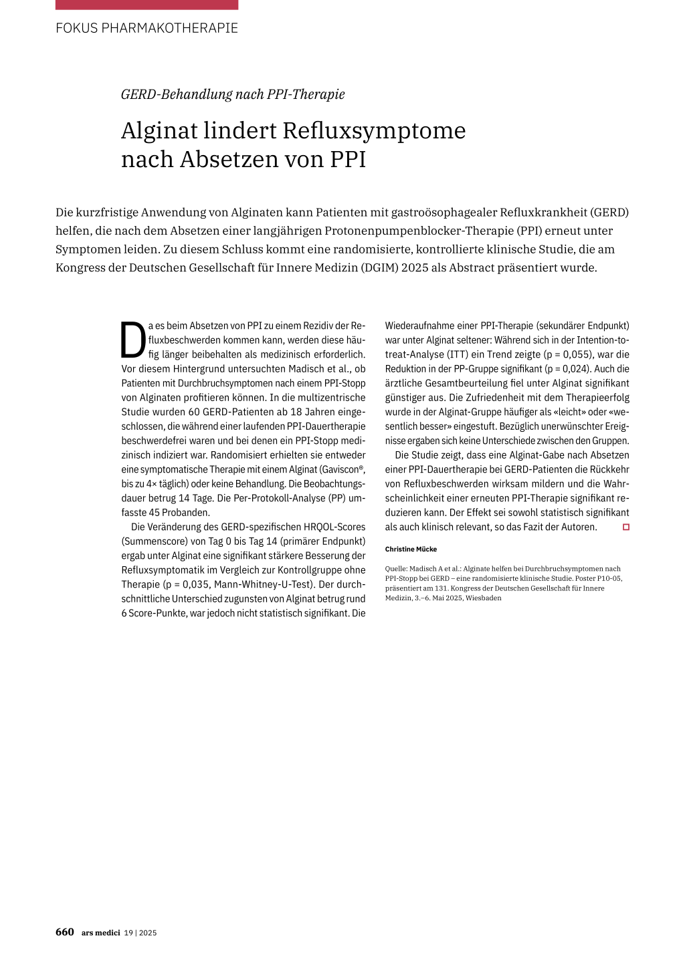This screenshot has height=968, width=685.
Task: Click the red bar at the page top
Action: click(x=146, y=5)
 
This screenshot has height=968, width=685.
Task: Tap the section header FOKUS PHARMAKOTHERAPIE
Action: click(x=146, y=28)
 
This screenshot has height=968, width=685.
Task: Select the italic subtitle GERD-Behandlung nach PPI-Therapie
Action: click(x=233, y=94)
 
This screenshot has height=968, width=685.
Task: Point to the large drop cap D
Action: click(x=132, y=340)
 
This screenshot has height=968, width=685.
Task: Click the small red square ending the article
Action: click(x=626, y=527)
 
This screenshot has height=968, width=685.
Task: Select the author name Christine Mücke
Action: click(x=411, y=550)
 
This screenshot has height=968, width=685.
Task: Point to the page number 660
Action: click(x=65, y=932)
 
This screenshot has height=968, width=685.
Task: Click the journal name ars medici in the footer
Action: click(x=101, y=933)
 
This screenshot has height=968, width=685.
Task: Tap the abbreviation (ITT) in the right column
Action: click(x=458, y=354)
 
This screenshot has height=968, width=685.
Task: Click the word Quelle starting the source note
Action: click(x=395, y=569)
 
